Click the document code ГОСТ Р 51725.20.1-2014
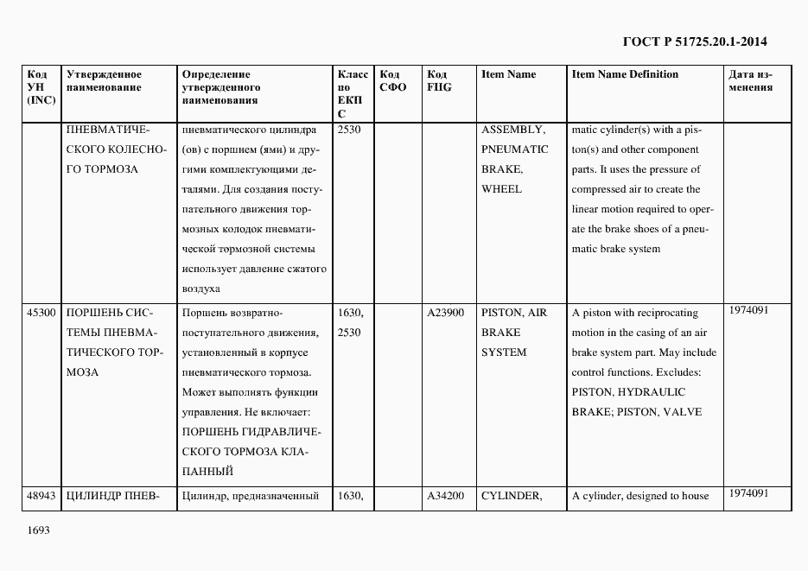(x=694, y=41)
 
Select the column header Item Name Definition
(x=625, y=74)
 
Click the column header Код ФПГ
(x=439, y=80)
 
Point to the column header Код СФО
(x=392, y=80)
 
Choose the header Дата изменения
(x=750, y=80)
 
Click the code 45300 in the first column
(x=41, y=313)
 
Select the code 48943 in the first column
(x=41, y=496)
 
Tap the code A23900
(x=446, y=313)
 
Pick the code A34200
(x=446, y=496)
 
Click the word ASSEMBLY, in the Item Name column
(x=513, y=130)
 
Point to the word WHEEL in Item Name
(x=501, y=189)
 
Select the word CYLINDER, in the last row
(x=511, y=496)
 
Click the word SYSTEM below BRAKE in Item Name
(x=504, y=352)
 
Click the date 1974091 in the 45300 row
(x=748, y=309)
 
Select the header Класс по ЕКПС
(x=353, y=93)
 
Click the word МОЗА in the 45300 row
(x=82, y=372)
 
